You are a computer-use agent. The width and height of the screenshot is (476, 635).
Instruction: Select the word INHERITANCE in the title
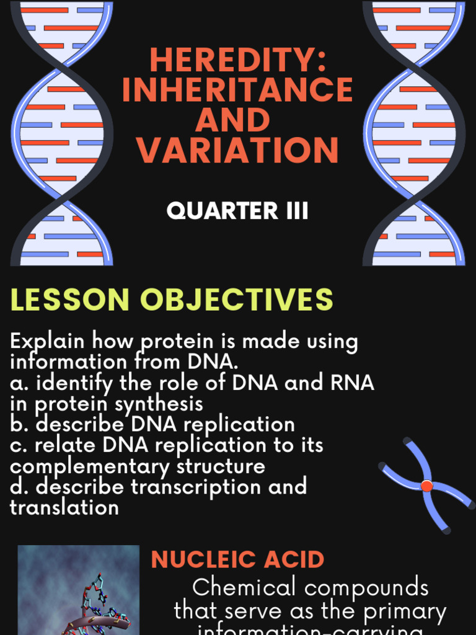click(x=237, y=91)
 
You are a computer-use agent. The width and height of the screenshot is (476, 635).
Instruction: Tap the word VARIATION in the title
click(x=237, y=150)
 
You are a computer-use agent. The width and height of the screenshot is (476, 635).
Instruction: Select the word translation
click(x=64, y=507)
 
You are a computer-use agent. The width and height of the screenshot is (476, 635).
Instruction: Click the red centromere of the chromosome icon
click(x=426, y=486)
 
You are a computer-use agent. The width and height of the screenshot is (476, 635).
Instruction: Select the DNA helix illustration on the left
click(x=61, y=133)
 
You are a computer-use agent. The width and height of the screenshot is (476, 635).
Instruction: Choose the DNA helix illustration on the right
click(x=413, y=133)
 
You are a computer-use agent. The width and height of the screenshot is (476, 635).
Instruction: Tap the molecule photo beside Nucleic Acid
click(x=79, y=592)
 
